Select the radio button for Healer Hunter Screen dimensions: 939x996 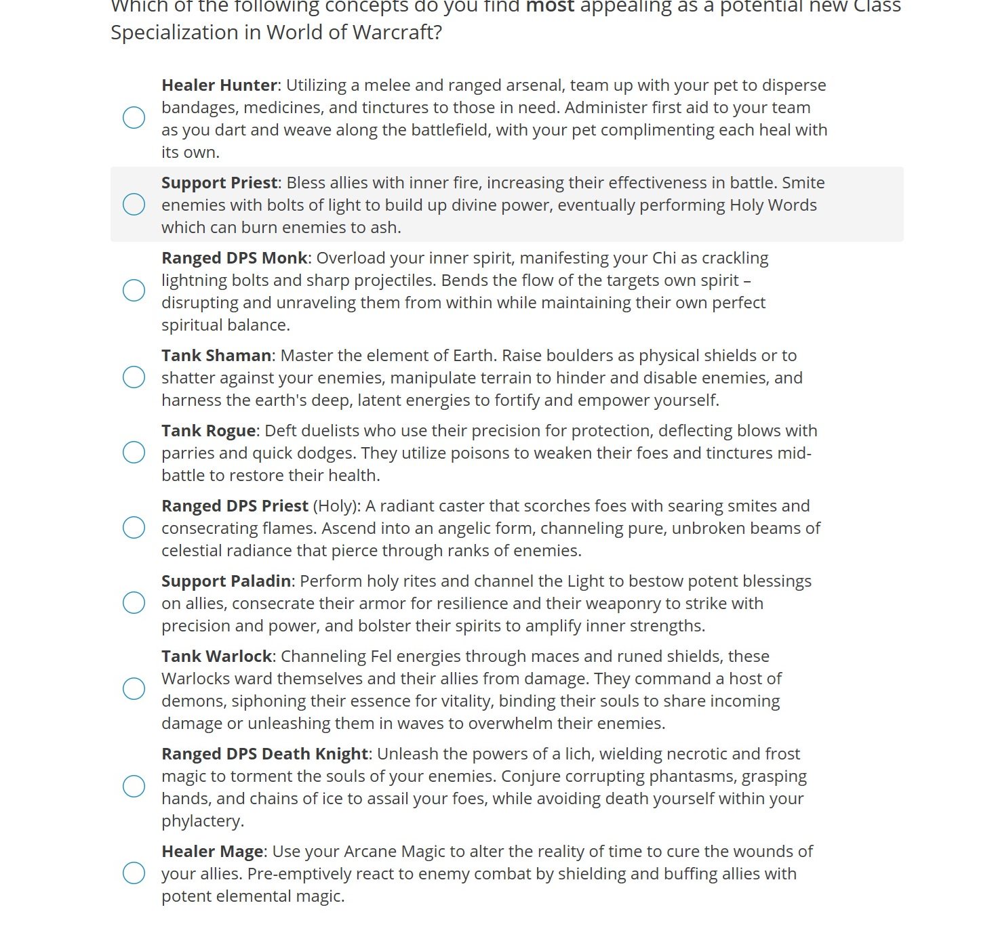tap(134, 118)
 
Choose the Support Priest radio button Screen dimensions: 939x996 tap(134, 204)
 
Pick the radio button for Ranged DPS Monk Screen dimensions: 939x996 tap(134, 291)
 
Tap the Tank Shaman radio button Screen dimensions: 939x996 tap(134, 377)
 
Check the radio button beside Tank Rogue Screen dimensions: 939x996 tap(134, 453)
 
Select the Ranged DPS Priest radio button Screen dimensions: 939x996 tap(134, 528)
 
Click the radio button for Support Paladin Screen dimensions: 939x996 tap(134, 603)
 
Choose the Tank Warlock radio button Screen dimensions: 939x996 tap(134, 689)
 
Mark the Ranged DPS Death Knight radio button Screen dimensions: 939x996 tap(134, 787)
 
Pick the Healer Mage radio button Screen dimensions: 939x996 tap(134, 873)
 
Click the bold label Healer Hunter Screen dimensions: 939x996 tap(219, 85)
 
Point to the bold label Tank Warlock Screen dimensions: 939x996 tap(216, 656)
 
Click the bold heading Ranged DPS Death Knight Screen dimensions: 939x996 tap(264, 754)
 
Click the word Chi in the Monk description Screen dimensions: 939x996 tap(664, 258)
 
